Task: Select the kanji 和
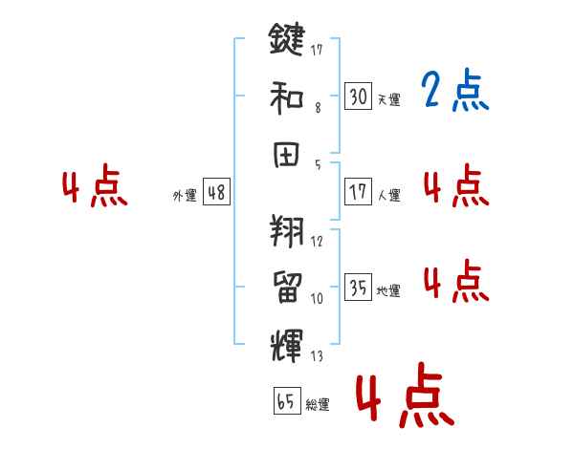[287, 96]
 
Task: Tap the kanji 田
[287, 153]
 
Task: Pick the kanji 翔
[286, 229]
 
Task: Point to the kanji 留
[287, 286]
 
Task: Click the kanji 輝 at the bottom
[286, 342]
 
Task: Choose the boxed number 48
[215, 192]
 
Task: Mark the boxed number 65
[286, 401]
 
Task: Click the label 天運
[388, 99]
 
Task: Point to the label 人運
[388, 195]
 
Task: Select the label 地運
[388, 290]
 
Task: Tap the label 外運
[185, 196]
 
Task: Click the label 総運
[317, 405]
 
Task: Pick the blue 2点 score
[455, 92]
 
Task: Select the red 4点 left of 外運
[94, 187]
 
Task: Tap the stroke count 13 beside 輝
[317, 355]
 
